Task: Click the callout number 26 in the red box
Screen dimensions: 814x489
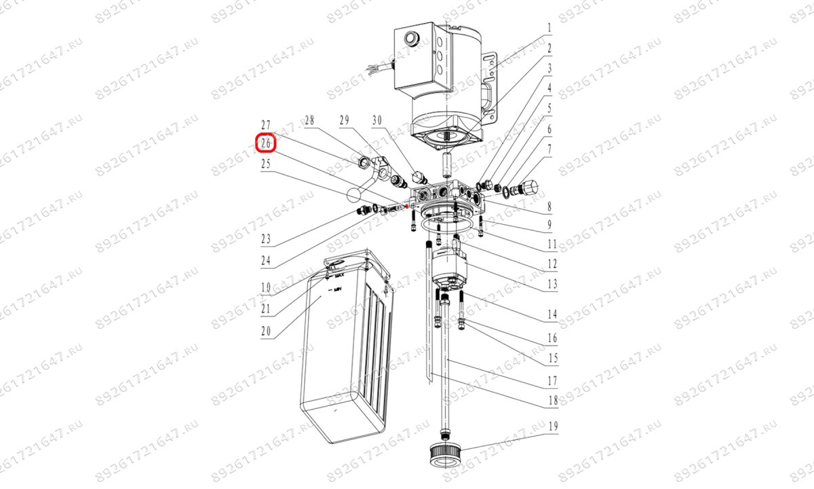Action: click(x=266, y=144)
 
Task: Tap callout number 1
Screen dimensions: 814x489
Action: click(x=549, y=29)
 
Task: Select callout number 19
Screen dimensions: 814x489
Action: click(x=553, y=427)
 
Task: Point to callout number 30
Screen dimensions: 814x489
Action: click(x=377, y=120)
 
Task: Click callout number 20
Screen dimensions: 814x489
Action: click(x=266, y=331)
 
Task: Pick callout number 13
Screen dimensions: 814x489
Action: click(x=553, y=284)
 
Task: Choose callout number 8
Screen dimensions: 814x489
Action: click(x=549, y=206)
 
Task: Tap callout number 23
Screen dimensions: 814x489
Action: click(x=266, y=239)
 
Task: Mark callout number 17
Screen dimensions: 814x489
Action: click(x=553, y=381)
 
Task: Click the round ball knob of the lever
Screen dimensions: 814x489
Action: click(x=100, y=196)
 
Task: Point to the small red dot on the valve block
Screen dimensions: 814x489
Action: click(x=407, y=206)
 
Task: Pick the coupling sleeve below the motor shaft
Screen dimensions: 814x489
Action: click(x=446, y=163)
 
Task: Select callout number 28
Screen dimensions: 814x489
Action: click(x=309, y=120)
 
